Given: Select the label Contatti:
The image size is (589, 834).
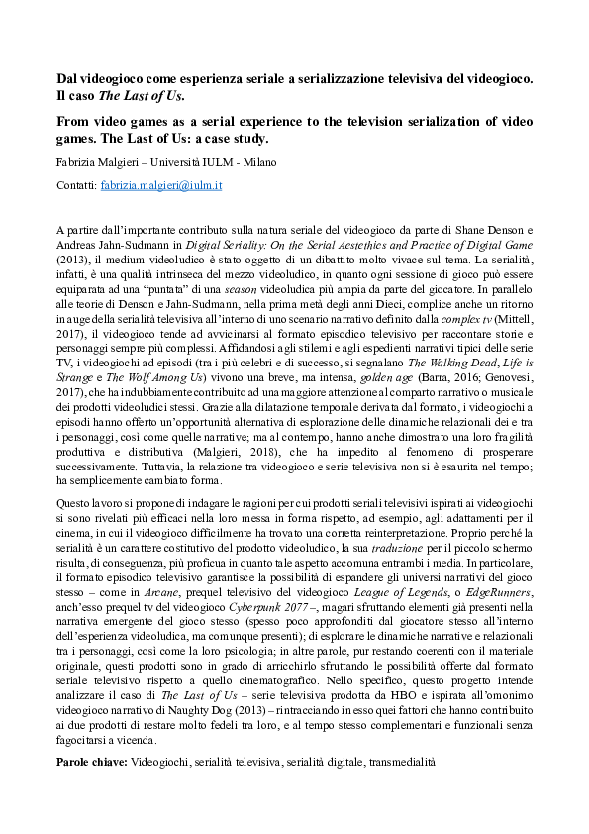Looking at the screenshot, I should pyautogui.click(x=78, y=185).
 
